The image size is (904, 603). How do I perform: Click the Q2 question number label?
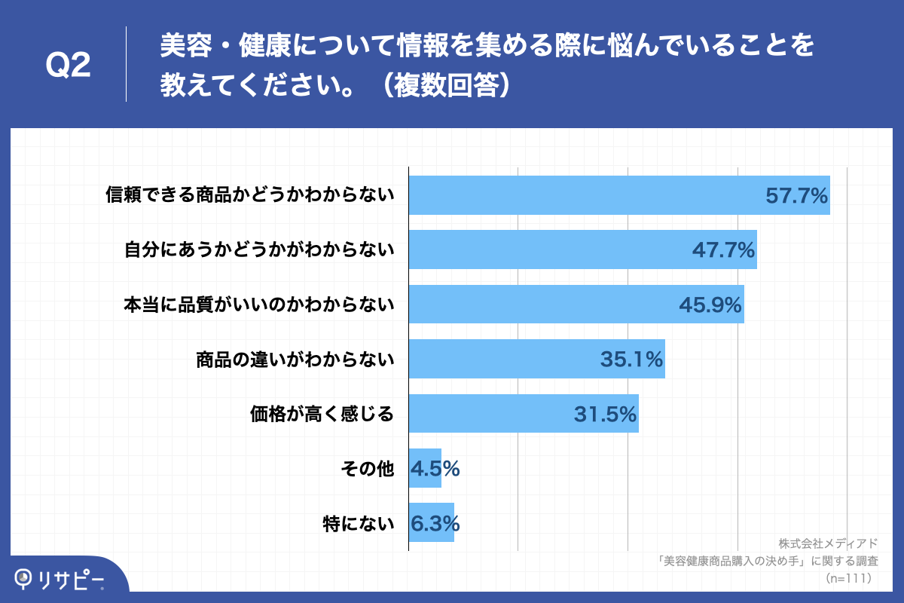[x=69, y=66]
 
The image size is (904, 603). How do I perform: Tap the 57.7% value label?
[x=797, y=196]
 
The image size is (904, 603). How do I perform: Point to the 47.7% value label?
[x=723, y=251]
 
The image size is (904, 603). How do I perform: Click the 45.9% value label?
[x=710, y=305]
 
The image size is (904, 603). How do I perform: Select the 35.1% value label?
[x=631, y=360]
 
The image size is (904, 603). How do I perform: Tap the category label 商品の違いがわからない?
[x=295, y=360]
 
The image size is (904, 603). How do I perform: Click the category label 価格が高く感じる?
[x=322, y=414]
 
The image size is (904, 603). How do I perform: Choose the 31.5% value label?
[x=605, y=414]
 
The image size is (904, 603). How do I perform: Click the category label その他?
[x=368, y=469]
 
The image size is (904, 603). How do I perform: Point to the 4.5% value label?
[x=435, y=469]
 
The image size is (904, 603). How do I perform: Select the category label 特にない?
[x=359, y=523]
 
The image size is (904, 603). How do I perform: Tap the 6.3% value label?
[x=435, y=523]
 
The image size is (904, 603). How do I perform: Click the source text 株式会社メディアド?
[x=829, y=543]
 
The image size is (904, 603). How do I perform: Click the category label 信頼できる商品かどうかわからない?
[x=250, y=196]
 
